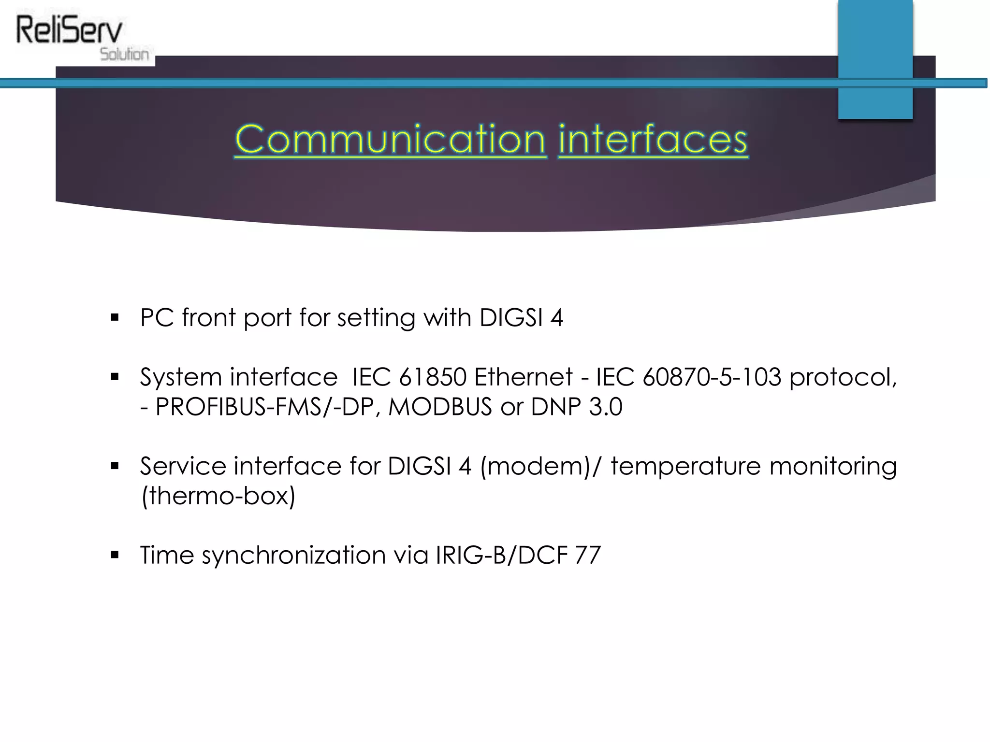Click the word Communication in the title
coord(390,140)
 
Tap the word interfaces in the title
coord(653,140)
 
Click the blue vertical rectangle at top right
coord(875,58)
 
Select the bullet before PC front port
coord(115,318)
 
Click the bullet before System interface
coord(115,377)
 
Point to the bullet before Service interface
coord(115,466)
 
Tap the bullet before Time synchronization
coord(115,555)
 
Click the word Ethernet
coord(523,377)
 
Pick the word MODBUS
coord(440,407)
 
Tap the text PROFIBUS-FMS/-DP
coord(264,407)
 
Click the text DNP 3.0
coord(576,407)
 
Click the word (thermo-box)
coord(218,496)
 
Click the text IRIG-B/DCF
coord(501,555)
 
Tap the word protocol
coord(843,378)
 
